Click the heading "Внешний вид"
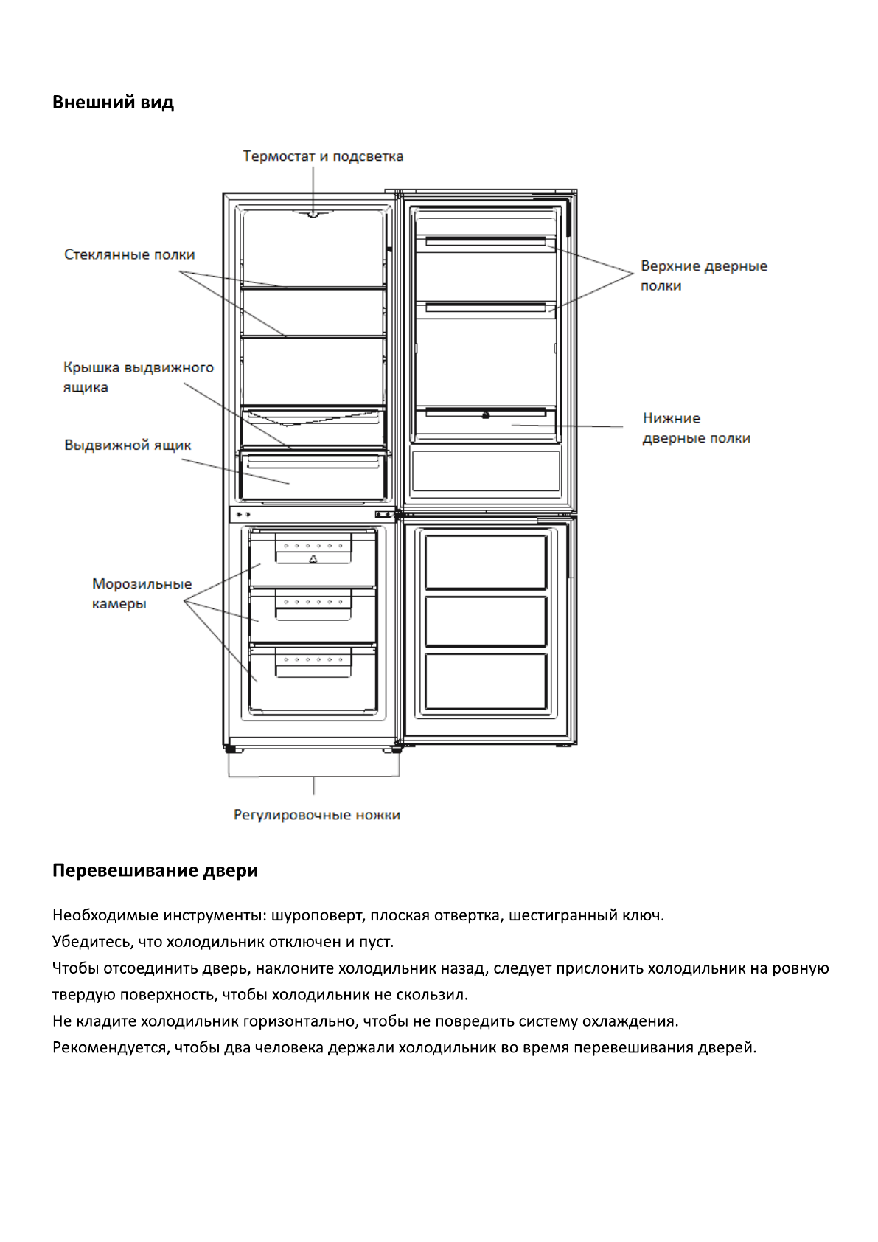(113, 103)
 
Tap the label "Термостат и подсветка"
(323, 156)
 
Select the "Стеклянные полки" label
(129, 254)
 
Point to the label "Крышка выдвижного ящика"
(138, 377)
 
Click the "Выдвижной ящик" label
(128, 445)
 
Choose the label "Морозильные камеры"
(142, 594)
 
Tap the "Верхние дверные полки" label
(703, 275)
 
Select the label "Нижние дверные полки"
(696, 428)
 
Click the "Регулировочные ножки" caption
(317, 815)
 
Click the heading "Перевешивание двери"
(155, 871)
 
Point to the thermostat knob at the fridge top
(313, 215)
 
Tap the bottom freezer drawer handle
(313, 662)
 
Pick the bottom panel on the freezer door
(486, 681)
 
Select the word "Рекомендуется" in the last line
(111, 1048)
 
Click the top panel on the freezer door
(486, 562)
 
